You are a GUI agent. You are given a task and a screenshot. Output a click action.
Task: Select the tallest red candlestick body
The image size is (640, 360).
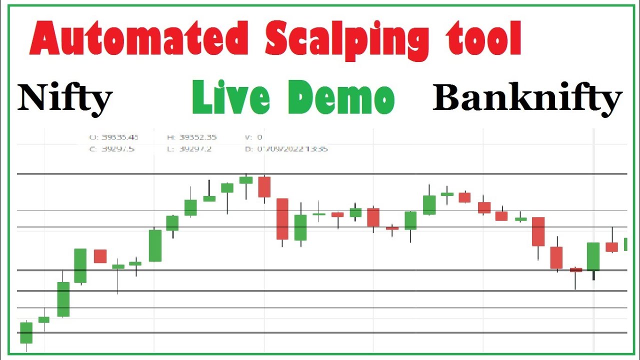pos(282,219)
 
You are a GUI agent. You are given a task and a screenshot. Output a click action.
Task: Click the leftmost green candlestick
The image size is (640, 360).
pos(26,332)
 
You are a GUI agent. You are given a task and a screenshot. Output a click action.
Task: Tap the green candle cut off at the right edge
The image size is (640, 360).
pos(625,244)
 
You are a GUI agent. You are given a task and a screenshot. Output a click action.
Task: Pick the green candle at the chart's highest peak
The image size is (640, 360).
pos(245,180)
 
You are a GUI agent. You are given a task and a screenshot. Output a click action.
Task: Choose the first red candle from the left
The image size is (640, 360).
pos(100,256)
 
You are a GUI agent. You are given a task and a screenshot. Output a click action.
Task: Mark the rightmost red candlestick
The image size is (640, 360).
pos(611,247)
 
